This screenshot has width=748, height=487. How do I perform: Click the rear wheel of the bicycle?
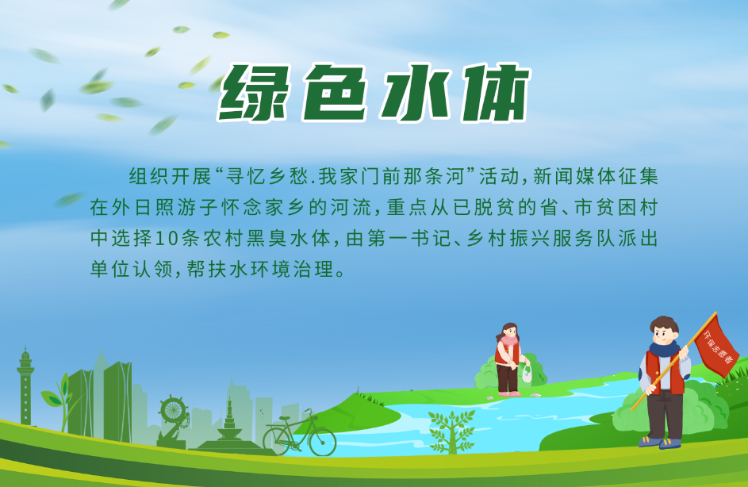278,439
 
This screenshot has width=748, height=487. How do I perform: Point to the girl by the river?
507,357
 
